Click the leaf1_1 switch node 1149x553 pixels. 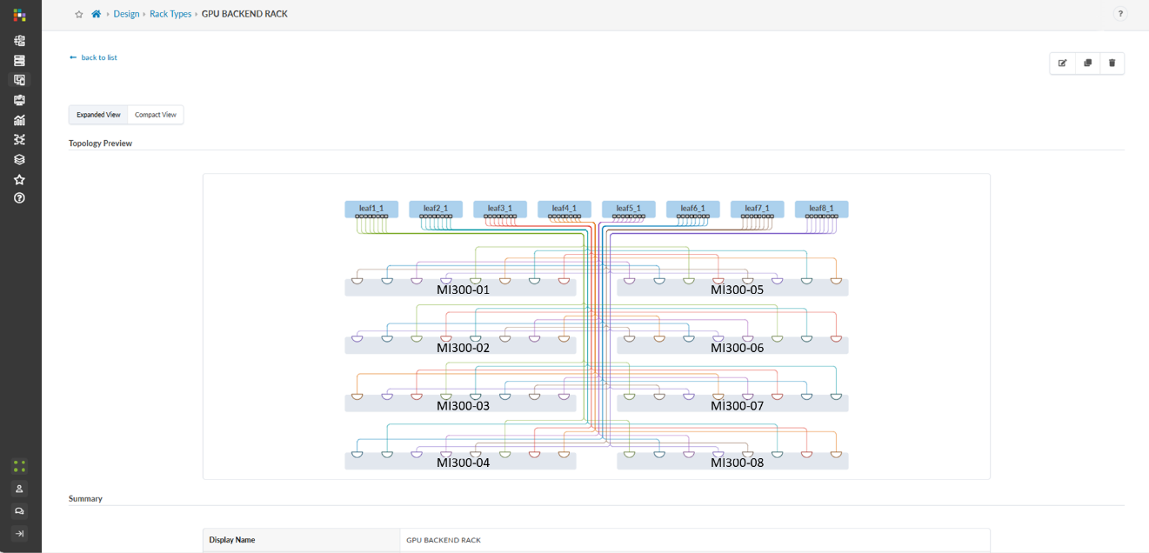(371, 209)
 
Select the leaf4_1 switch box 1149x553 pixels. (564, 209)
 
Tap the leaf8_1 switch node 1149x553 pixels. (821, 209)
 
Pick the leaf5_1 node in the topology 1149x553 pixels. (628, 209)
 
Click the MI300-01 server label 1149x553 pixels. (463, 290)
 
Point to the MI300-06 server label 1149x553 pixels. (737, 348)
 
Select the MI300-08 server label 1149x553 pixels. (737, 463)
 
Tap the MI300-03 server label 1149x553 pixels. (463, 406)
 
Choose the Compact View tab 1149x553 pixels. (156, 115)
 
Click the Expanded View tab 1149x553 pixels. (98, 115)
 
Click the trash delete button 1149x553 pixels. (1112, 63)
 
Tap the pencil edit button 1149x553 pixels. (1062, 63)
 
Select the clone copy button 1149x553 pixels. (1087, 63)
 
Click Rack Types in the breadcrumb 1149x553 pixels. (170, 14)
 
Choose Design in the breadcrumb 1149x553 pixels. (126, 14)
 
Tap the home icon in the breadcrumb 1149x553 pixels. (96, 14)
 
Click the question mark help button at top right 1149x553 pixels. (1120, 14)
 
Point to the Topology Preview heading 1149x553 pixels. (101, 143)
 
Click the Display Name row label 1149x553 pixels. (232, 540)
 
